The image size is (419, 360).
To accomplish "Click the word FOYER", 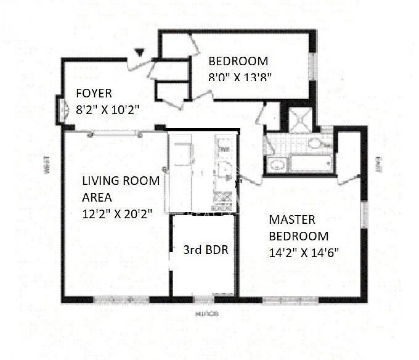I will click(94, 93).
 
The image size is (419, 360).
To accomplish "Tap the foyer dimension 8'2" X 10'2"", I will click(108, 110).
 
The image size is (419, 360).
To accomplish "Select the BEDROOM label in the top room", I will click(238, 61).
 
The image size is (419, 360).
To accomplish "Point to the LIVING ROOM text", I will click(121, 181).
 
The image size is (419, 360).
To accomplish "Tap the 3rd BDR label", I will click(206, 250).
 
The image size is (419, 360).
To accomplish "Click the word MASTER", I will click(292, 220).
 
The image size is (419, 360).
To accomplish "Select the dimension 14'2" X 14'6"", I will click(304, 252).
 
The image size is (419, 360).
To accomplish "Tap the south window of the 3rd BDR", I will click(204, 299).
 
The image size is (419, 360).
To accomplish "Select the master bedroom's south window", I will click(290, 300).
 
